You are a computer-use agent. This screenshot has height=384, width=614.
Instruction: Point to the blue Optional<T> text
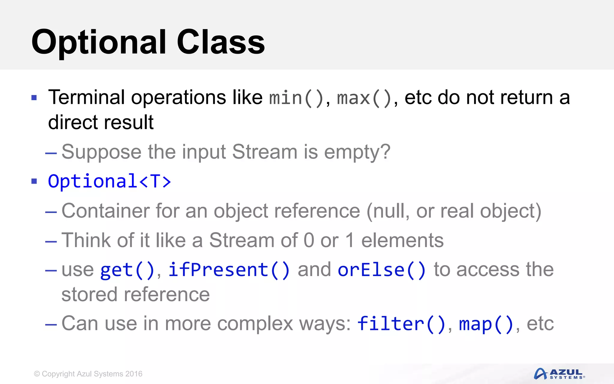tap(109, 181)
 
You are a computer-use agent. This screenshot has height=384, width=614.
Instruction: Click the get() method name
tap(127, 270)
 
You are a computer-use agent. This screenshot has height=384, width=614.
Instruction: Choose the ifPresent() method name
tap(229, 270)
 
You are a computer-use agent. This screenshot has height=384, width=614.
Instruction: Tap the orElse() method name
tap(381, 270)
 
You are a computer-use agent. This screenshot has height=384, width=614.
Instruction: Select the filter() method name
tap(401, 324)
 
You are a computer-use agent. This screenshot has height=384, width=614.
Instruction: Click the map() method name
tap(486, 324)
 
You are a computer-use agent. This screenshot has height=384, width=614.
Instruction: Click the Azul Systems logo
tap(559, 374)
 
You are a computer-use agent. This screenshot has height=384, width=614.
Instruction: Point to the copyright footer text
tap(88, 374)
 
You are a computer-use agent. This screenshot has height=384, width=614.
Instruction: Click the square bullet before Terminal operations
tap(34, 98)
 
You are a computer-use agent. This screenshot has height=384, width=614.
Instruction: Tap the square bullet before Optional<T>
tap(34, 181)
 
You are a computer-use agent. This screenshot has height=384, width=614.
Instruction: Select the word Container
tap(105, 211)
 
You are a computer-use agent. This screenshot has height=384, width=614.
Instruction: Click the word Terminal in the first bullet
tap(86, 97)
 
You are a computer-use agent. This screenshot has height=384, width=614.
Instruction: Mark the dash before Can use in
tap(51, 324)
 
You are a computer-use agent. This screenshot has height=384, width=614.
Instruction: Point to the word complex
tap(255, 324)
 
